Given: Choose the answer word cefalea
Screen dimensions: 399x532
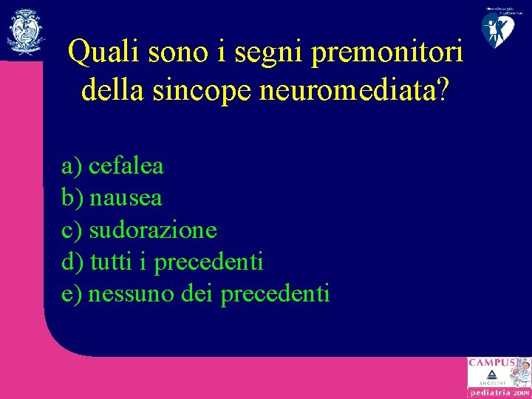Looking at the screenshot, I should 126,166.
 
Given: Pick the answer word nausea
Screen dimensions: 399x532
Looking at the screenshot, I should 126,198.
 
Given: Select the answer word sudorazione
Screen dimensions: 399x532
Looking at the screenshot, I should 153,230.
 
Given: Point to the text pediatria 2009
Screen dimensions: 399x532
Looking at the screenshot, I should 498,393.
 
